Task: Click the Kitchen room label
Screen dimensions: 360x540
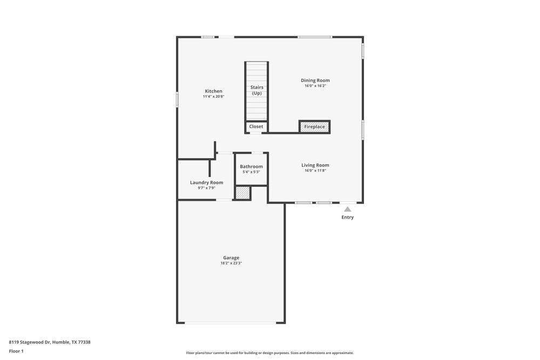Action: pyautogui.click(x=213, y=91)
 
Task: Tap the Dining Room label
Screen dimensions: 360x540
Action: pyautogui.click(x=315, y=80)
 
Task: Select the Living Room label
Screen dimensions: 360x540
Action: pyautogui.click(x=315, y=165)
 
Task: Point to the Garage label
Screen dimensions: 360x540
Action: pyautogui.click(x=231, y=257)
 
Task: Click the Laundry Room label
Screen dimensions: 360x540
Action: pyautogui.click(x=206, y=182)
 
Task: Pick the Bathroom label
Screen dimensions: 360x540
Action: pyautogui.click(x=251, y=166)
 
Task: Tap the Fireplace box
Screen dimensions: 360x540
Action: pyautogui.click(x=315, y=127)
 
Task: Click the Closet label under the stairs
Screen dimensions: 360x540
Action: pyautogui.click(x=256, y=126)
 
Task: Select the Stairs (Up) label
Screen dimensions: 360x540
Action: pyautogui.click(x=256, y=90)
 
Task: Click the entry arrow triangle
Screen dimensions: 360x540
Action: pyautogui.click(x=348, y=209)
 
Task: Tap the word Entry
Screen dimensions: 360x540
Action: pyautogui.click(x=348, y=218)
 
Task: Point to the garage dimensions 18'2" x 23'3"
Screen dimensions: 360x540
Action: pyautogui.click(x=231, y=263)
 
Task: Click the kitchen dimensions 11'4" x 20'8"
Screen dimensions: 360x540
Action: pyautogui.click(x=213, y=97)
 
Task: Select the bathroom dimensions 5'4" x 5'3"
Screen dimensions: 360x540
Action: pyautogui.click(x=251, y=172)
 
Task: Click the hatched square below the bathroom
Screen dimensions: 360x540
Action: pyautogui.click(x=243, y=193)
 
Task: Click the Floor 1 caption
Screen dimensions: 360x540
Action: pyautogui.click(x=16, y=351)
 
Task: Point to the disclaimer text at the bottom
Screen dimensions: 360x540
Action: pyautogui.click(x=270, y=353)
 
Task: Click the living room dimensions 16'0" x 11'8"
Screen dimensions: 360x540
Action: pyautogui.click(x=315, y=171)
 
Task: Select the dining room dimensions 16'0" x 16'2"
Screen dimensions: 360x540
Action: pyautogui.click(x=315, y=86)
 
